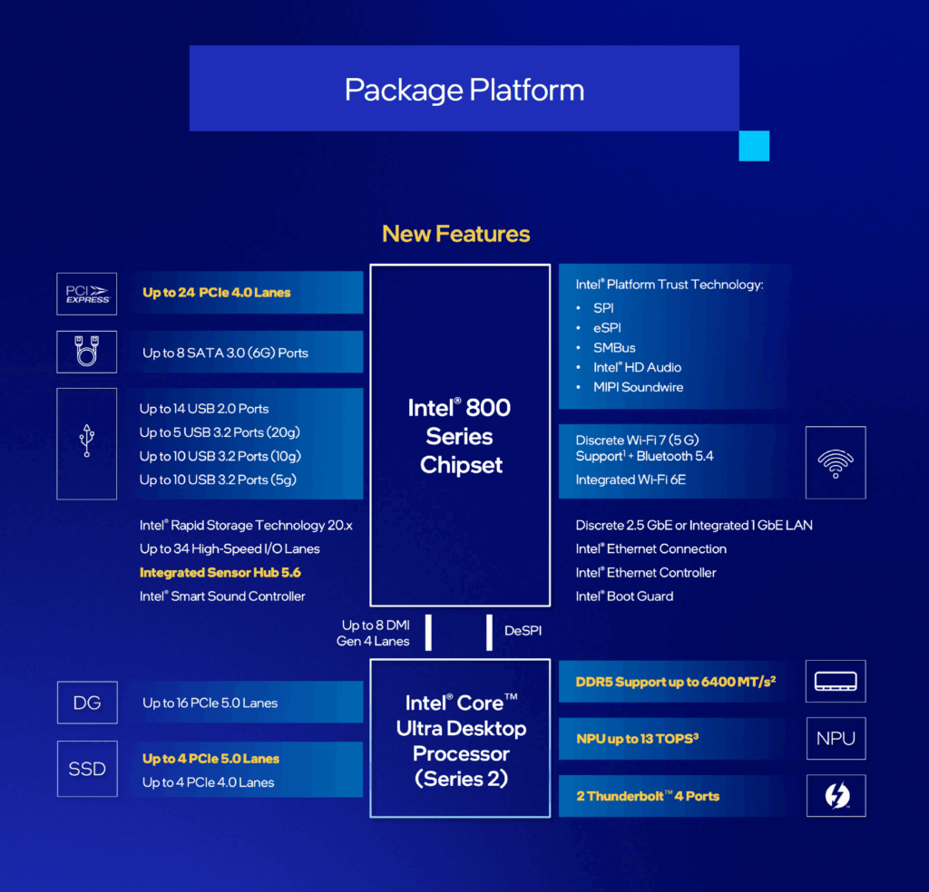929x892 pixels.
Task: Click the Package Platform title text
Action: pos(464,91)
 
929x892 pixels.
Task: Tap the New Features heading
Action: pos(455,234)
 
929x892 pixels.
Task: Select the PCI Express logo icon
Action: pos(87,295)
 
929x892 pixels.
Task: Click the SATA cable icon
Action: pos(86,352)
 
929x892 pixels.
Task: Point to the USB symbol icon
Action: pos(87,441)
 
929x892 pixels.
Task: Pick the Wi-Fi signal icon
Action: pos(836,463)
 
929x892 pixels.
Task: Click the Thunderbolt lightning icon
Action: pos(836,796)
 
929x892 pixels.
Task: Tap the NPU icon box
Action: pos(836,739)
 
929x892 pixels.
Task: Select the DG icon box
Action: pos(87,703)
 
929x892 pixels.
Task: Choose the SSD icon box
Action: pos(87,769)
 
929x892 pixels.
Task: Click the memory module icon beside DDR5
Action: pos(836,682)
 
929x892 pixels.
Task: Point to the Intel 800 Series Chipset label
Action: pos(460,436)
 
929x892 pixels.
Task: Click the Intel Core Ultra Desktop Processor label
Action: pos(461,741)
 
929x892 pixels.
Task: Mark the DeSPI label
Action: pos(523,631)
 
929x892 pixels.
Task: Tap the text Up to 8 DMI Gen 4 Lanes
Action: pos(373,634)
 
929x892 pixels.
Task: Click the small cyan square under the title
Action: pos(754,146)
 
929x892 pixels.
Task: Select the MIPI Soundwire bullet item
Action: pos(638,387)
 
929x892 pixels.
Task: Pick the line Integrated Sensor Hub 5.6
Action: pos(220,572)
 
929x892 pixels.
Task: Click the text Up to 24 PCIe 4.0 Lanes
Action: pos(216,293)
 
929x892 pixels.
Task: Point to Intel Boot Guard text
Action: pos(624,596)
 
